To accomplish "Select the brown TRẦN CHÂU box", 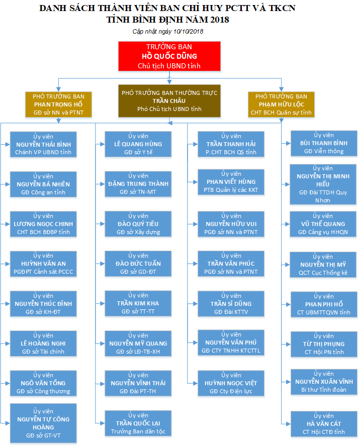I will (168, 100).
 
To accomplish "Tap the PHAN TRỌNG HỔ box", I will (58, 104).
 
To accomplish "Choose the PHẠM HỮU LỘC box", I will (281, 104).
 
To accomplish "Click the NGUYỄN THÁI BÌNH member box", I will (43, 144).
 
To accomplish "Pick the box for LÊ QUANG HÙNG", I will (138, 144).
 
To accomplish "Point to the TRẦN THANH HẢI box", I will (231, 144).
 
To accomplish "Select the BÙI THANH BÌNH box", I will (323, 143).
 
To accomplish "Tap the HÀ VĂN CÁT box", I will (323, 424).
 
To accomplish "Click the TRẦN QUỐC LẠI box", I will (138, 423).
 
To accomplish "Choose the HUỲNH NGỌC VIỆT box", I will (231, 383).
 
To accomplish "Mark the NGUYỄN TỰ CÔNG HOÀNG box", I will (43, 423).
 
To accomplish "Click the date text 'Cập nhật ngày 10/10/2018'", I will (167, 31).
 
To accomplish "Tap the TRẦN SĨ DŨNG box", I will (231, 304).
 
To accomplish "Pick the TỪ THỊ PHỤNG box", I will (323, 344).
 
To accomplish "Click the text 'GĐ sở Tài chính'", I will (43, 352).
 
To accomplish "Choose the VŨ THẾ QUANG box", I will (323, 224).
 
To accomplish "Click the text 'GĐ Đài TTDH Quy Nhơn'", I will (323, 196).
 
